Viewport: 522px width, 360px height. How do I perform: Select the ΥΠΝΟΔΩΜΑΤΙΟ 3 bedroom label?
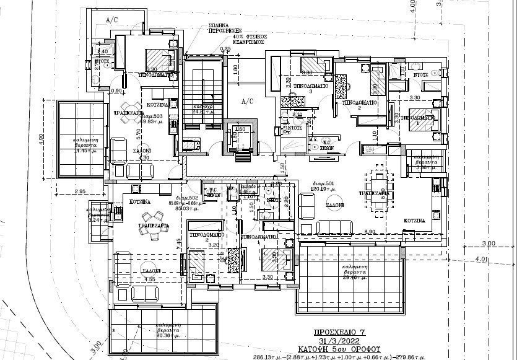tap(311, 86)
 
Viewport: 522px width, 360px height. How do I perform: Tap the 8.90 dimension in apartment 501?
tap(370, 231)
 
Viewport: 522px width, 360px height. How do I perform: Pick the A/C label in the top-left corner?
tap(112, 20)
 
